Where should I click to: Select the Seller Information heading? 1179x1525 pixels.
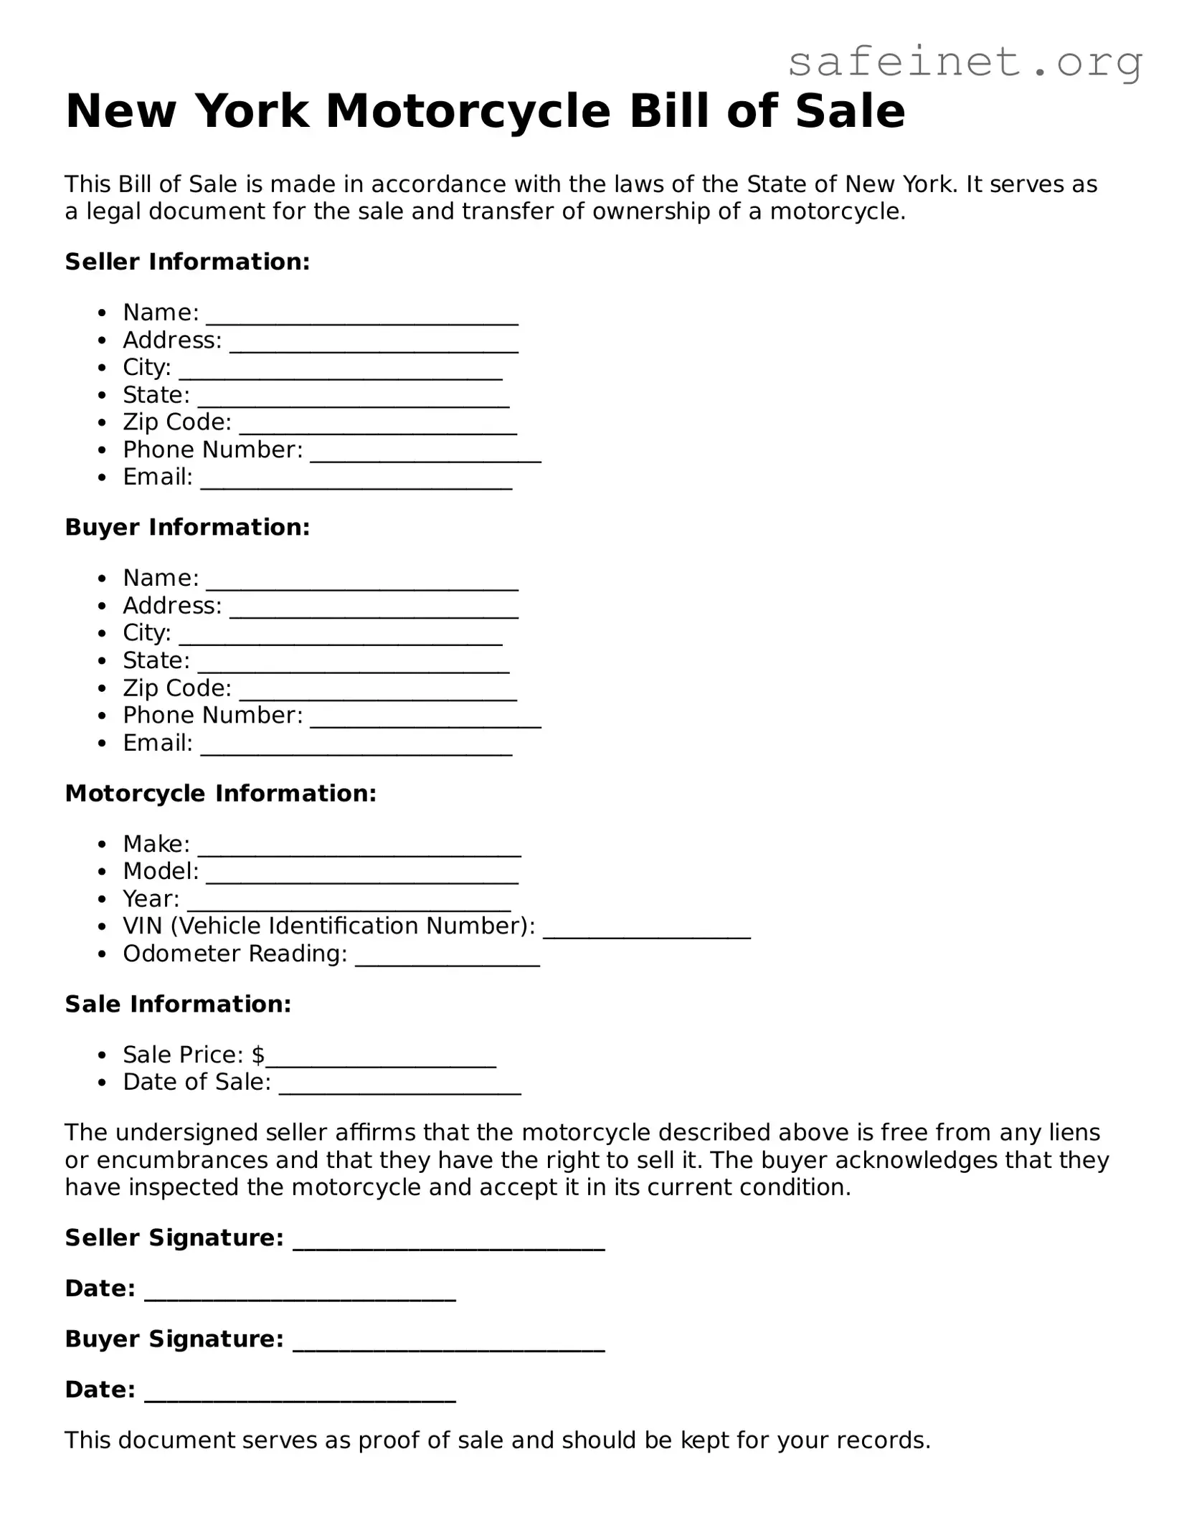click(x=187, y=262)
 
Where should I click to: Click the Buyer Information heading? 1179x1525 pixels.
click(x=187, y=527)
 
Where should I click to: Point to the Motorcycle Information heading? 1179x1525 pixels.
click(x=220, y=793)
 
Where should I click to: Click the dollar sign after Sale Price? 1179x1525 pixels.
click(x=258, y=1055)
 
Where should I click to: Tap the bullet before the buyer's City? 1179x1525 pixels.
click(x=103, y=634)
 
